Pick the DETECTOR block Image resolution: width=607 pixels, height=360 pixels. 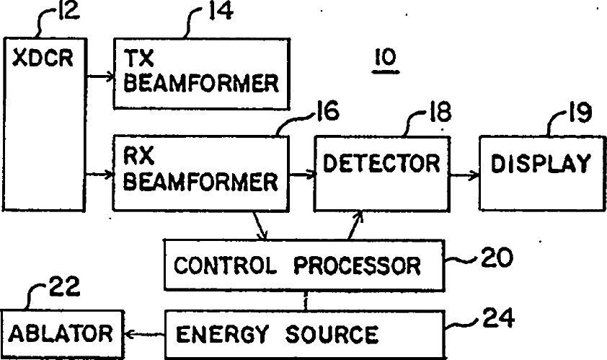(381, 172)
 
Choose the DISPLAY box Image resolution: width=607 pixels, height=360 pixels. (541, 172)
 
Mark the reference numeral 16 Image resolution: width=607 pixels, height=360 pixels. (324, 111)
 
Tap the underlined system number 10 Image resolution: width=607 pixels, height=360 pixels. (384, 58)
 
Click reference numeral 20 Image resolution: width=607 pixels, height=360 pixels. (497, 258)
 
